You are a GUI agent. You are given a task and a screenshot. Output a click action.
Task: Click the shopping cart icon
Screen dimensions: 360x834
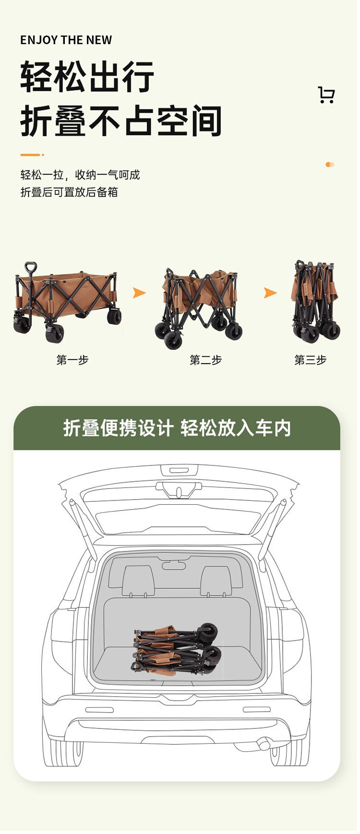click(x=326, y=95)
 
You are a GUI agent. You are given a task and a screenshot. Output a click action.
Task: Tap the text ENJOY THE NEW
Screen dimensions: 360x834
click(x=66, y=40)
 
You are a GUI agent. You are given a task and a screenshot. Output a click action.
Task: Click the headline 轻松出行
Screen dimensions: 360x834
click(x=87, y=77)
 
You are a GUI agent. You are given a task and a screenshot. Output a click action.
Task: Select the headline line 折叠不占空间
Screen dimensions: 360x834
click(x=121, y=121)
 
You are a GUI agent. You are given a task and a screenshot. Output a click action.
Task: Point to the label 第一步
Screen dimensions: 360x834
click(x=72, y=360)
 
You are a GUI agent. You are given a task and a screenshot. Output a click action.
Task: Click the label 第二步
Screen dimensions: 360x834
click(x=206, y=360)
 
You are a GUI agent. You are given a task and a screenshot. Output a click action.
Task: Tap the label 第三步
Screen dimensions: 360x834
click(x=311, y=360)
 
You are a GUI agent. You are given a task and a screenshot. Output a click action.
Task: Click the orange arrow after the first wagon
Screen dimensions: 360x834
click(x=139, y=293)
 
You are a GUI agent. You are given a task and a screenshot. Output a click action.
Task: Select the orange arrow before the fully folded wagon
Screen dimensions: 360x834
click(x=271, y=293)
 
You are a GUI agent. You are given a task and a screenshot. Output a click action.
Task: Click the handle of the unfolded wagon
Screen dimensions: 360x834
click(x=30, y=268)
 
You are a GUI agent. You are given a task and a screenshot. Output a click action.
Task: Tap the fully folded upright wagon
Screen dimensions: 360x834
click(x=315, y=301)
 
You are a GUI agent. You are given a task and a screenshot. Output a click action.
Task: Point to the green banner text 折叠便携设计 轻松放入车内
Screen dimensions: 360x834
click(x=177, y=428)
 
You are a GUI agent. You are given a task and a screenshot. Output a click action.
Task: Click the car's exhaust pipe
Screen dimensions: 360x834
click(x=264, y=745)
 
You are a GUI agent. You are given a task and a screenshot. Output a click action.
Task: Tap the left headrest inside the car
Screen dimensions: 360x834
click(x=138, y=580)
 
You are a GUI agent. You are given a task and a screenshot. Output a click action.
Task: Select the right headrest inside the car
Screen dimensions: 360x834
click(x=216, y=580)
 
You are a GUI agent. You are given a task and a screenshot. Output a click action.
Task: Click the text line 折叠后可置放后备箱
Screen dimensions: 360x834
click(x=69, y=192)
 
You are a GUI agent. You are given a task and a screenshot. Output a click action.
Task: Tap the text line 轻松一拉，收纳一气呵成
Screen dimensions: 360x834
click(x=80, y=175)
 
